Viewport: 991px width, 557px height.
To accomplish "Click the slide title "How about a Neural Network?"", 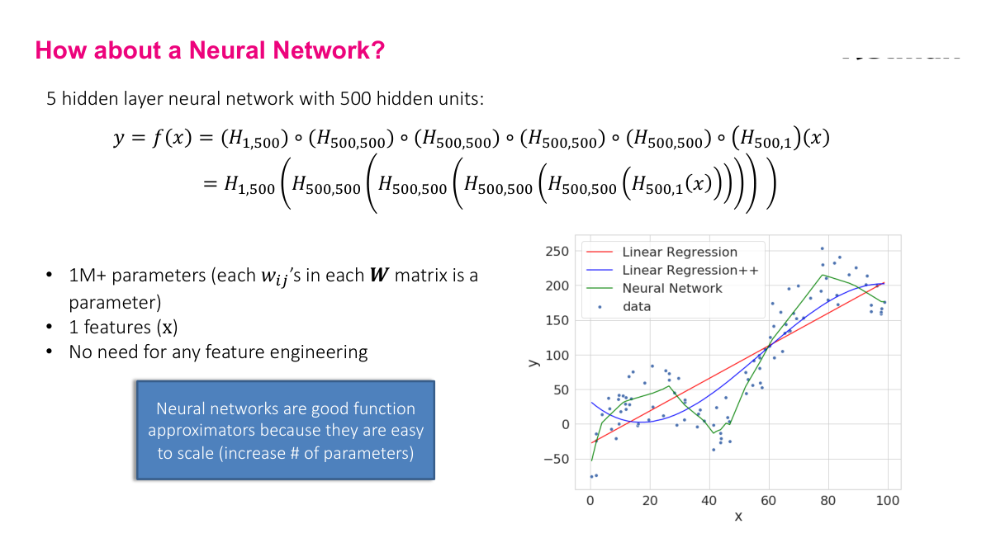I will pos(210,51).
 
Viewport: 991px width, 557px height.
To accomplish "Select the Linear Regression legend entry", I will pos(679,253).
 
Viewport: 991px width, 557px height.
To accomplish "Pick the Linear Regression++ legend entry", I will pos(690,271).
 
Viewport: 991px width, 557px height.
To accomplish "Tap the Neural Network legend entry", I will pos(671,288).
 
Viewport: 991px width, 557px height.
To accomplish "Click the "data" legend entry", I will pos(637,306).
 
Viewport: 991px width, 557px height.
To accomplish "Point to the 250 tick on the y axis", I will pos(557,251).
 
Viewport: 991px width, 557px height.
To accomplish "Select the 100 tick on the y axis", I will pos(557,355).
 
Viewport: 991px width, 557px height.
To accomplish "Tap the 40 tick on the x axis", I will pos(709,501).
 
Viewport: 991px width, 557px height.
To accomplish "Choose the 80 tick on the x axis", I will pos(828,501).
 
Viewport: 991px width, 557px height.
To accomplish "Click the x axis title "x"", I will pos(738,517).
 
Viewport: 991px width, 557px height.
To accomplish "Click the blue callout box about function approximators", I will pos(285,430).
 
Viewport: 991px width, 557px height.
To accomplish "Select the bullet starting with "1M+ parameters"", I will pos(273,287).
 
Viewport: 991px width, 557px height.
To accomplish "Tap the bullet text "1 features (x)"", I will pos(123,327).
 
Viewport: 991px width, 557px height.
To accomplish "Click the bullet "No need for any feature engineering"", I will pos(218,352).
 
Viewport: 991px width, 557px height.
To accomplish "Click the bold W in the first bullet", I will pos(377,275).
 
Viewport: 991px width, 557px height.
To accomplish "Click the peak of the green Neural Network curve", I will pos(822,275).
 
